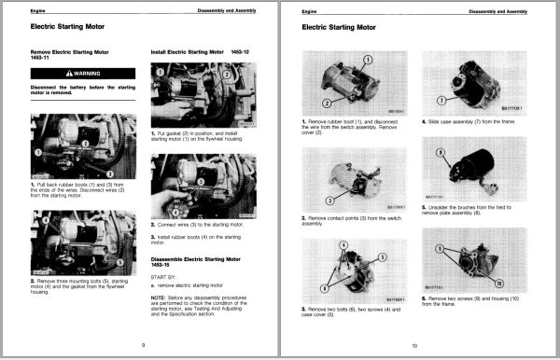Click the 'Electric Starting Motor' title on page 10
click(346, 28)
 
